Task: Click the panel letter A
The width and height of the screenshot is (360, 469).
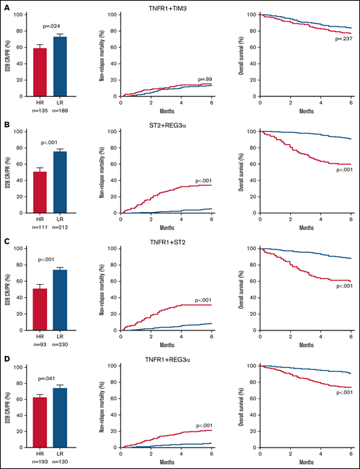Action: [x=5, y=6]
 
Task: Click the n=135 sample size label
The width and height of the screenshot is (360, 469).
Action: [x=41, y=108]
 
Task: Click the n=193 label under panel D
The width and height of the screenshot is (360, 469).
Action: [x=41, y=459]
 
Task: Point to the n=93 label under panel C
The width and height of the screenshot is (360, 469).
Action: [x=41, y=342]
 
